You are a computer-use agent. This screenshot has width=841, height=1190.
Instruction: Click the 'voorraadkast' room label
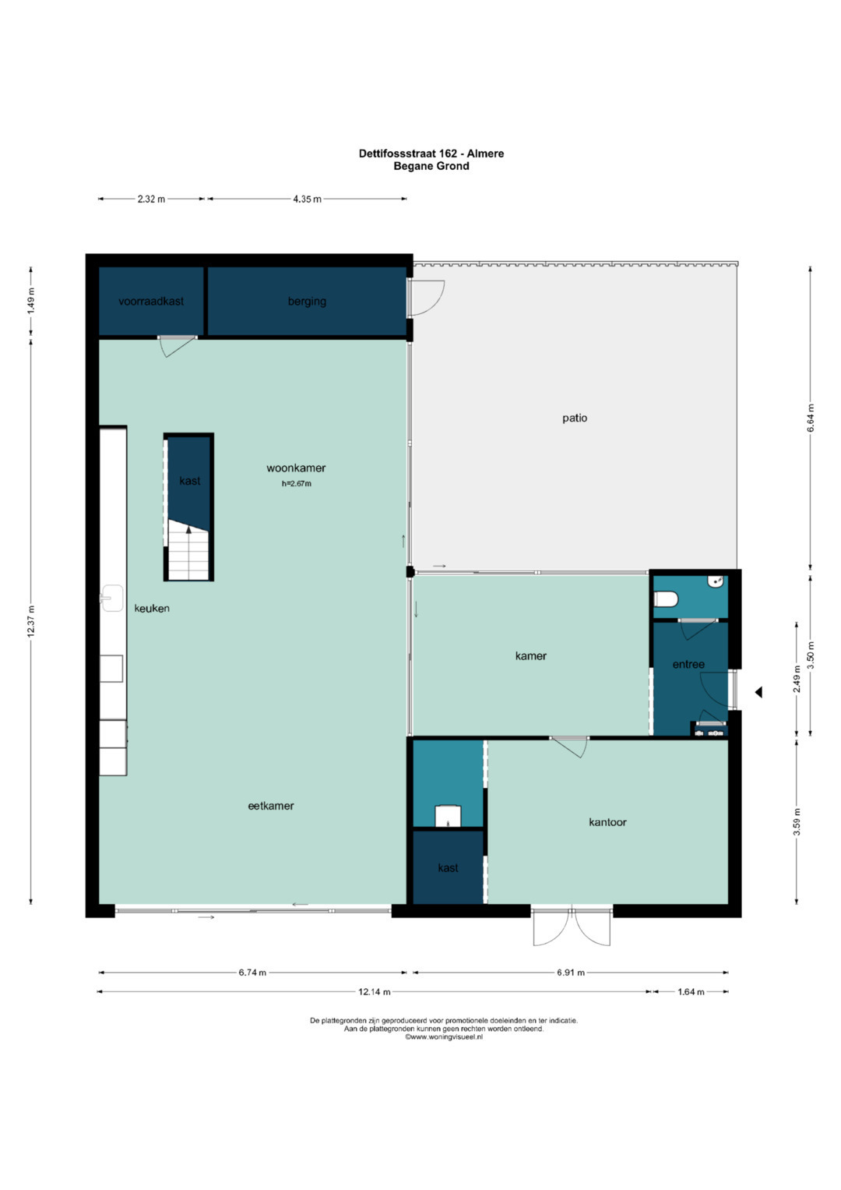click(x=151, y=302)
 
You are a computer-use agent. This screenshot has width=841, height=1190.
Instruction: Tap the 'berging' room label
click(x=307, y=302)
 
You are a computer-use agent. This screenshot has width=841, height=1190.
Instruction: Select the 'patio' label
click(x=575, y=418)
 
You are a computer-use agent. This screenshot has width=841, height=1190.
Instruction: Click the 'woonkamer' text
click(x=296, y=468)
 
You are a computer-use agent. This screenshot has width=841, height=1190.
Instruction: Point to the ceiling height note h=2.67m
click(x=296, y=484)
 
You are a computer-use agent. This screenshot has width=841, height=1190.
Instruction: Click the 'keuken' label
click(x=152, y=609)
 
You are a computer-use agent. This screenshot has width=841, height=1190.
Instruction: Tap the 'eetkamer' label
click(x=271, y=807)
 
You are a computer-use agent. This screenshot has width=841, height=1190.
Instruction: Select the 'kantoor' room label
click(x=607, y=822)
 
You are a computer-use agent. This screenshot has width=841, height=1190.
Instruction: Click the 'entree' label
click(x=688, y=665)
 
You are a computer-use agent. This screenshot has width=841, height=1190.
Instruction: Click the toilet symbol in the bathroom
click(x=667, y=599)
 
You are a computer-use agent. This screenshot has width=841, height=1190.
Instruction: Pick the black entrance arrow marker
click(x=758, y=692)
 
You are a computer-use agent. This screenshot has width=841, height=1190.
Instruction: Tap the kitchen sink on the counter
click(x=112, y=599)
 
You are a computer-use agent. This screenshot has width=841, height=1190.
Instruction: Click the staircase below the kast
click(x=188, y=553)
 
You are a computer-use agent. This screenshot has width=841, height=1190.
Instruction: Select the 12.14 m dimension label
click(x=374, y=992)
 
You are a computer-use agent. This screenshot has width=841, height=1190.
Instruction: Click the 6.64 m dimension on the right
click(x=811, y=418)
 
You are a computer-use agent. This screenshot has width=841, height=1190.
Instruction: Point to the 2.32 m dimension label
click(x=151, y=200)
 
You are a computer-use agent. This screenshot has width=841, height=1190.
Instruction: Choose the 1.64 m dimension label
click(x=691, y=992)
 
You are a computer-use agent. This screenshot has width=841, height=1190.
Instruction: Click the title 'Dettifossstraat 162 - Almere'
click(x=431, y=154)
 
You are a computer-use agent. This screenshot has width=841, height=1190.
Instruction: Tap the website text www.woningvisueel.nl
click(x=443, y=1037)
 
